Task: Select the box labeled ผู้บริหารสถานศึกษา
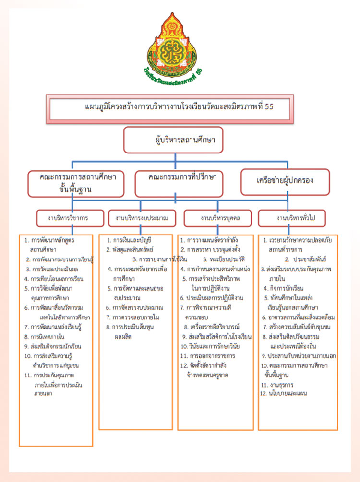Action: point(174,140)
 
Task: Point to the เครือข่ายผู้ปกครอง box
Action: point(285,182)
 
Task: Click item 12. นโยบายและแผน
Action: point(283,394)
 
